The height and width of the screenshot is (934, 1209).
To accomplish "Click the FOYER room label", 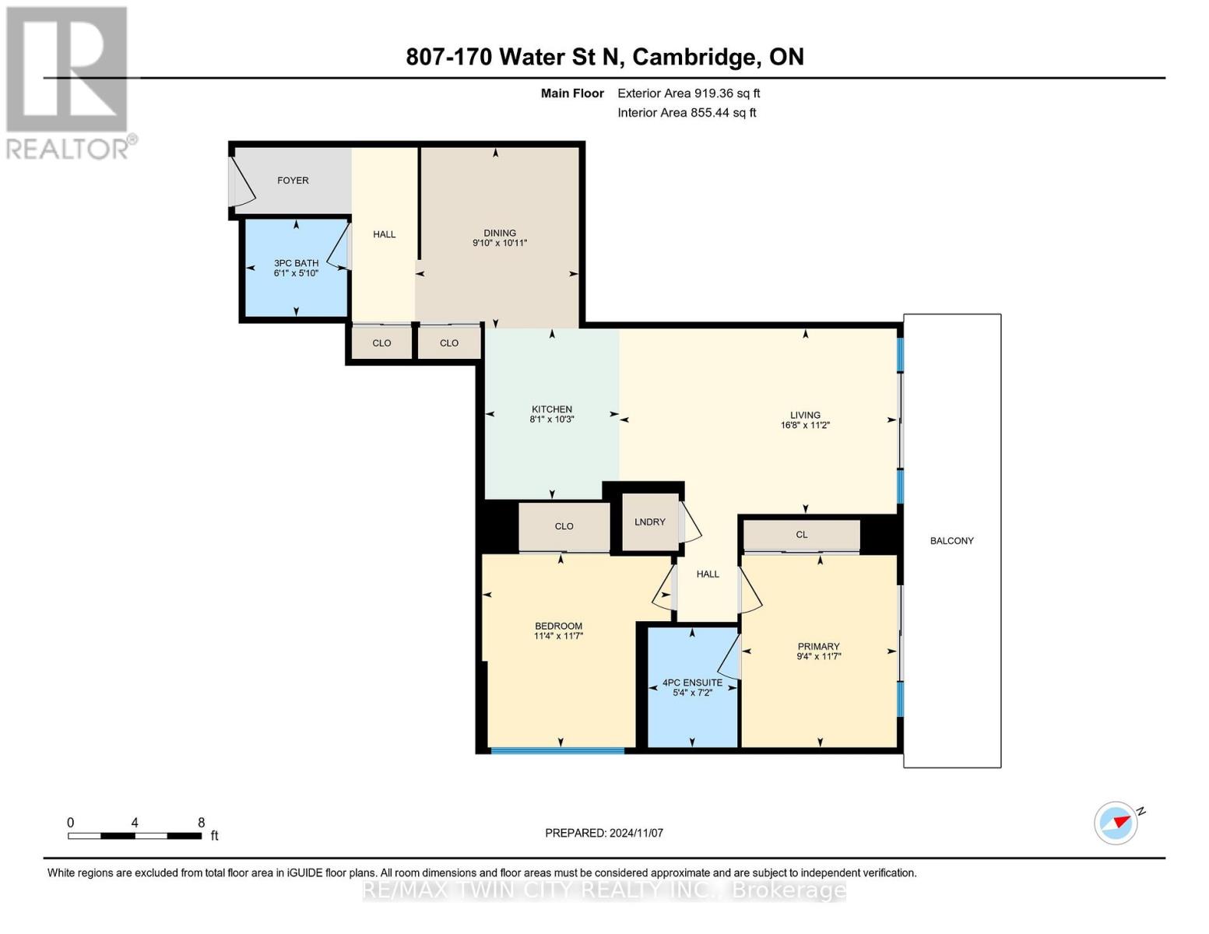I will pos(293,181).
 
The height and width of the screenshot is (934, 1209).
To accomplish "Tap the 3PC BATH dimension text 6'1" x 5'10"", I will pos(296,273).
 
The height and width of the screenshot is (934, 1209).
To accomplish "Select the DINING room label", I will pos(500,233).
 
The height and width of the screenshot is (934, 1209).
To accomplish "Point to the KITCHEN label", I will pos(552,409).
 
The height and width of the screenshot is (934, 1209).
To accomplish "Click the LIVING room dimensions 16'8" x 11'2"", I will pos(805,426).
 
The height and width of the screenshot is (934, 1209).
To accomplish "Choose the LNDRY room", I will pos(649,522).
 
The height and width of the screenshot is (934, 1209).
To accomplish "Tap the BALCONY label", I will pos(951,541).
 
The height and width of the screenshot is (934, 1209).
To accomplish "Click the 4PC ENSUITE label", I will pos(692,683).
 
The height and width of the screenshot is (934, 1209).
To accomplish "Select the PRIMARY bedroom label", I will pos(818,646).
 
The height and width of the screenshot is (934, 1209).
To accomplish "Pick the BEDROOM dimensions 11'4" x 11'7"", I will pos(558,636).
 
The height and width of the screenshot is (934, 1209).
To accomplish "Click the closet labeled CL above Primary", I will pos(802,535).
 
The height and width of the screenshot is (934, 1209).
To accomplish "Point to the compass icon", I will pos(1116,823).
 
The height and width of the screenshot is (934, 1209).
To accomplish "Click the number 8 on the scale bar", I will pos(201,823).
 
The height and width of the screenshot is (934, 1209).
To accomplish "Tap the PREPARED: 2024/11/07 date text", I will pos(604,833).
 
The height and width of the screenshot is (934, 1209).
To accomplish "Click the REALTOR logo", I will pos(69,82).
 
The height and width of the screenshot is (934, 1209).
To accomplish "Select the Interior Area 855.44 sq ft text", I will pos(687,113).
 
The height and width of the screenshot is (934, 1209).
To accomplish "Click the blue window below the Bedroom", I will pos(557,751).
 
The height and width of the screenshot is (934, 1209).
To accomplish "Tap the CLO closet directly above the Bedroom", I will pos(564,527).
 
